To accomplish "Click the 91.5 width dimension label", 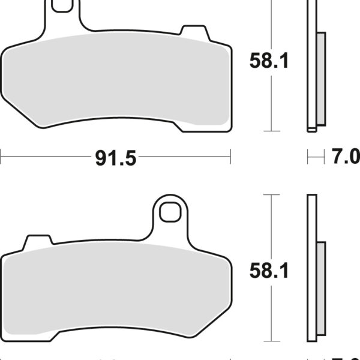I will pos(115,158).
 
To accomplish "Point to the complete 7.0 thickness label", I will pos(346,157).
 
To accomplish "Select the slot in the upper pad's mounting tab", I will pos(59,6).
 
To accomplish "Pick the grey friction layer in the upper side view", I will pos(320,78).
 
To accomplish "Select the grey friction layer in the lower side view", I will pos(320,288).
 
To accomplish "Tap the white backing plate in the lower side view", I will pos(311,270).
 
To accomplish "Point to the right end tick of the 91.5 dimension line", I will pos(230,158).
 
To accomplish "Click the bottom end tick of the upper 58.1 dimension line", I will pos(272,130).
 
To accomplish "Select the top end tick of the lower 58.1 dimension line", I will pos(272,195).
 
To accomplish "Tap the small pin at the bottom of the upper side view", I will pos(311,128).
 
